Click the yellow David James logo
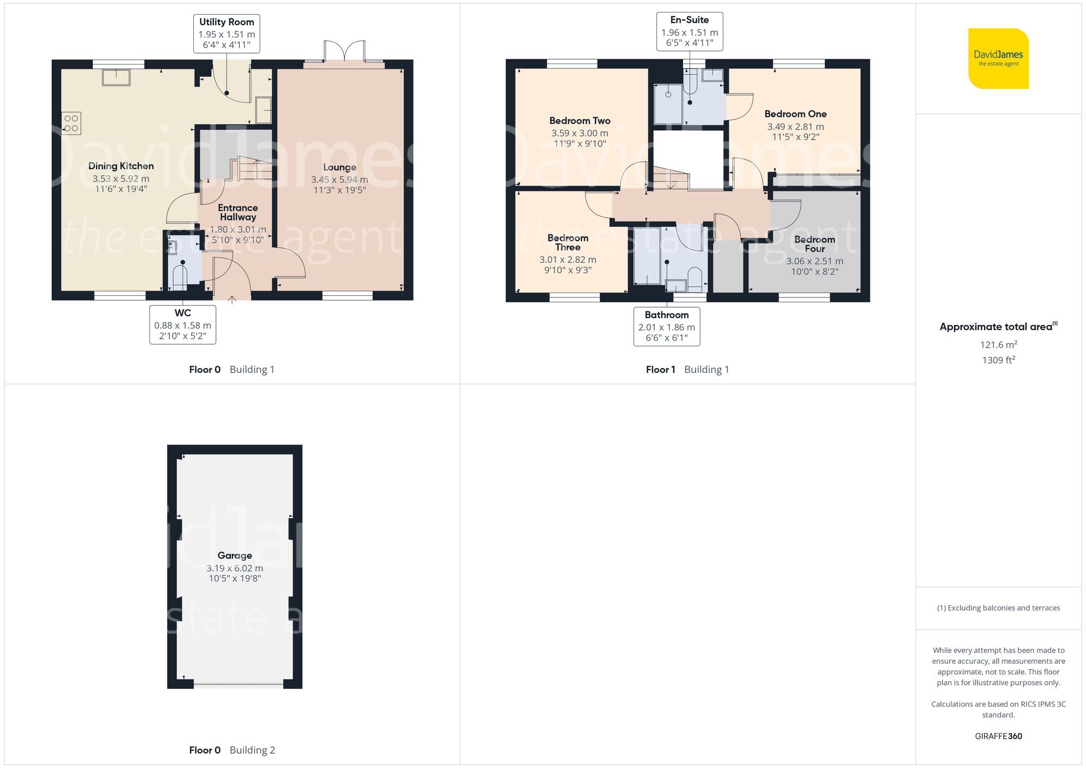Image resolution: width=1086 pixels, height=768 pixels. [998, 59]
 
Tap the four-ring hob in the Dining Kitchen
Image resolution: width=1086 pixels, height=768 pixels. [71, 123]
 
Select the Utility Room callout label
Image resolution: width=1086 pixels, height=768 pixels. [226, 33]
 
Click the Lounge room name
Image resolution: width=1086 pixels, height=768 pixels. [339, 167]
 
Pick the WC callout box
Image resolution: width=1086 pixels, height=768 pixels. [182, 325]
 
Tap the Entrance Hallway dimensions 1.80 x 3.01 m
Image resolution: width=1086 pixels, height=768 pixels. [238, 230]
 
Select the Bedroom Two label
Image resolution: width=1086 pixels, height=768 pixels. [579, 120]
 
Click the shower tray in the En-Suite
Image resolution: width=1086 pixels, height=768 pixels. [668, 103]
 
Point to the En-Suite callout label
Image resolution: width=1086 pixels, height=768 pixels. [689, 31]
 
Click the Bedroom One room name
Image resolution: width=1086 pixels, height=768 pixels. [795, 114]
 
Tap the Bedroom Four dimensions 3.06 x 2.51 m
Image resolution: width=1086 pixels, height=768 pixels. [815, 261]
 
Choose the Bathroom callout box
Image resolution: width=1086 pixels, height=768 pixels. [666, 326]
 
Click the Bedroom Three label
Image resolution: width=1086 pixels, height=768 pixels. [567, 242]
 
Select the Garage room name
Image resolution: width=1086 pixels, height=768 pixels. [235, 555]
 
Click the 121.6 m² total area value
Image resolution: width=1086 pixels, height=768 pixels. [998, 345]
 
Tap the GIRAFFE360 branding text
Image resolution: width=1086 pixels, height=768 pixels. [998, 736]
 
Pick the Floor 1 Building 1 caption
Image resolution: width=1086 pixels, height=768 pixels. [687, 370]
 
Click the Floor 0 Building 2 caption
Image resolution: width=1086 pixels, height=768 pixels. [232, 750]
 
